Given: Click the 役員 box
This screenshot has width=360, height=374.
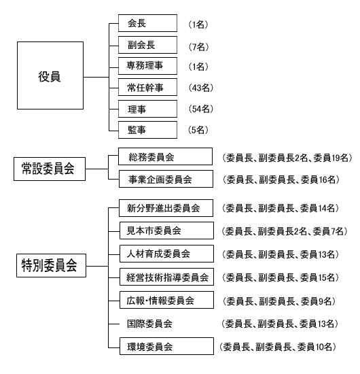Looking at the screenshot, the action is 50,75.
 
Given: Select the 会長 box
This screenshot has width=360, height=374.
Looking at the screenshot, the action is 147,23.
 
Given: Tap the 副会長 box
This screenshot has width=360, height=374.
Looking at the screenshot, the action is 147,45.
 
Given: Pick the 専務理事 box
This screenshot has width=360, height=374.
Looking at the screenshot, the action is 147,66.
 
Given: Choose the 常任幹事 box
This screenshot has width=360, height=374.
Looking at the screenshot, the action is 147,87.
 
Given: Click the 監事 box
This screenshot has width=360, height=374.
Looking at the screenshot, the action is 147,130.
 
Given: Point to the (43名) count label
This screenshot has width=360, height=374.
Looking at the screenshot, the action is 201,88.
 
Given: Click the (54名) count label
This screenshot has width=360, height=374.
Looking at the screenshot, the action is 201,109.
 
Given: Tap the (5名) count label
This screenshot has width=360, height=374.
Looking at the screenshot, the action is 198,130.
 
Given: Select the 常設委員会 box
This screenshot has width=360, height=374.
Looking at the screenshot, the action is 50,169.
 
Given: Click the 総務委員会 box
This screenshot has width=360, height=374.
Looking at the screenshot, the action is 165,156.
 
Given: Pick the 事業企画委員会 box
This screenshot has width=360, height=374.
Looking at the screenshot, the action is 166,179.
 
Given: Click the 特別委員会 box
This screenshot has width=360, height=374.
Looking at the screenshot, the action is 51,265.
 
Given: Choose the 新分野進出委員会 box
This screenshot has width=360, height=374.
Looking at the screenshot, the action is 166,208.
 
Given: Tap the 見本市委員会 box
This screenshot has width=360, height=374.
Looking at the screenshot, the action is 166,231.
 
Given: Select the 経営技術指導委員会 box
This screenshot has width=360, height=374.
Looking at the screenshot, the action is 166,277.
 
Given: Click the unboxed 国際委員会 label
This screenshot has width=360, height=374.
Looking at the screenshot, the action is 149,324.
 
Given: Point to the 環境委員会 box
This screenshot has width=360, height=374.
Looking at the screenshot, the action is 166,346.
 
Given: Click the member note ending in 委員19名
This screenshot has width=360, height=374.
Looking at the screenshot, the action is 287,158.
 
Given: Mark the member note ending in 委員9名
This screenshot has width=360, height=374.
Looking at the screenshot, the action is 279,301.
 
